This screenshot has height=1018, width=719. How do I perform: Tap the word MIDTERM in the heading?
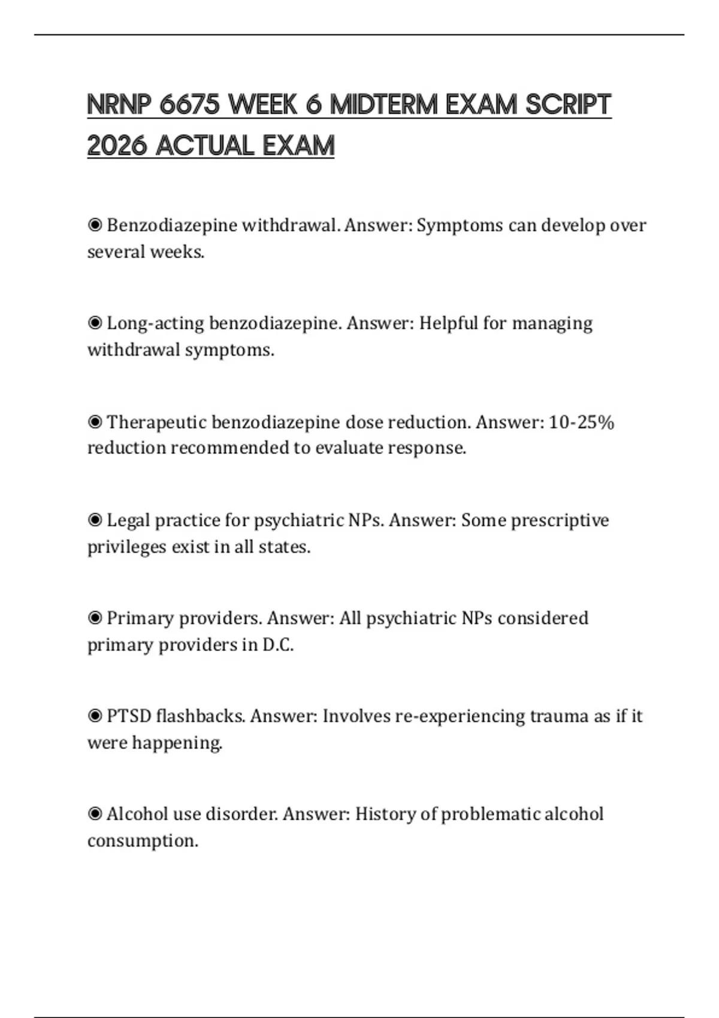pos(384,105)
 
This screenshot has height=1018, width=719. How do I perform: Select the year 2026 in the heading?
pos(117,146)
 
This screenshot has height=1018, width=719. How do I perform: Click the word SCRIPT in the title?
pos(568,105)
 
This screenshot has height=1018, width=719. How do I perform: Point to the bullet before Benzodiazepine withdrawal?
pos(95,225)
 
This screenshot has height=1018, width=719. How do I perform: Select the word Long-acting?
pos(155,323)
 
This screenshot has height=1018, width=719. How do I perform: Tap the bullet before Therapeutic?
pos(95,422)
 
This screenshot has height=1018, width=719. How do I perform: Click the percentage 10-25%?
pos(581,422)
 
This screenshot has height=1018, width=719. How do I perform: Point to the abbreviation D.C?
pos(277,645)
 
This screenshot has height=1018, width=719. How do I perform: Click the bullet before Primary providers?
pos(95,618)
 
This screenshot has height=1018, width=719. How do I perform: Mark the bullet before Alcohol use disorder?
pos(95,814)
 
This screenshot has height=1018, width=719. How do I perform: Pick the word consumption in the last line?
pos(142,841)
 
